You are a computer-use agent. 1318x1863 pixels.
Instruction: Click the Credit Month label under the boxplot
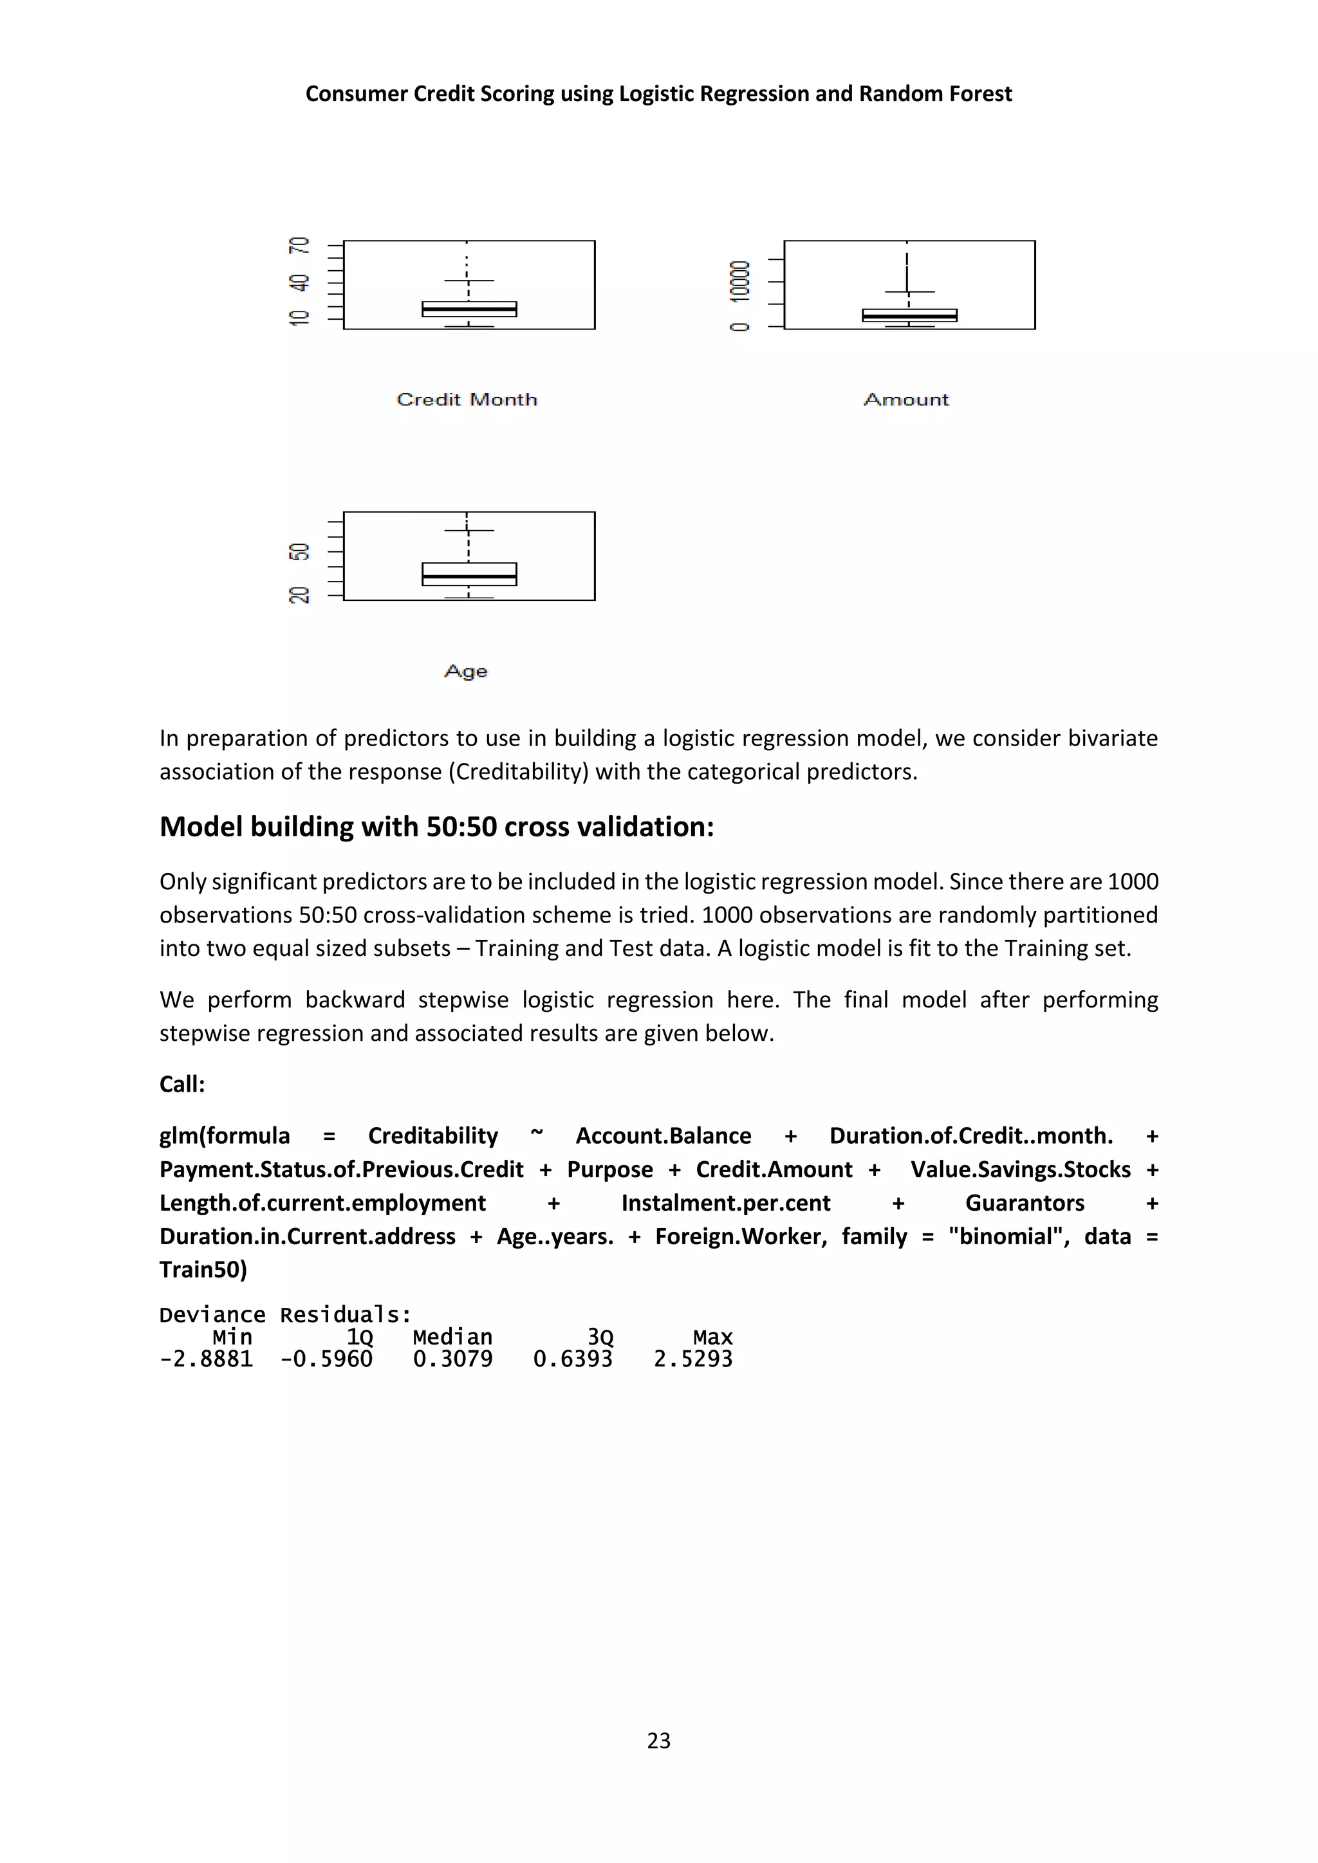click(x=467, y=399)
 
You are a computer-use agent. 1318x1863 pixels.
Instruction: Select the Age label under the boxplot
click(x=466, y=671)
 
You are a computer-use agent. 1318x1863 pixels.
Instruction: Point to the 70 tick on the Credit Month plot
click(x=299, y=245)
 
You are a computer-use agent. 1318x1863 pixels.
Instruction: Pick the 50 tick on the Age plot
click(x=299, y=552)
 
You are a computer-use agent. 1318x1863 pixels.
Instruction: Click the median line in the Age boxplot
click(x=469, y=576)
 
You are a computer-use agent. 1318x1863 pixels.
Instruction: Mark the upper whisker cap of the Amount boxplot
click(x=909, y=291)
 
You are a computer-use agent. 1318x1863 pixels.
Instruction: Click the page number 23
click(x=658, y=1741)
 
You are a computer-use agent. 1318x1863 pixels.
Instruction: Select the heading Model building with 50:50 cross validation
click(x=436, y=827)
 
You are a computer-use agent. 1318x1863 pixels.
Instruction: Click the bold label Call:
click(x=181, y=1084)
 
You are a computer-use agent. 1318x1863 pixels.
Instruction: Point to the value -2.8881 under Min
click(x=206, y=1359)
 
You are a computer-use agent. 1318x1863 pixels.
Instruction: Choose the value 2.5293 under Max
click(x=693, y=1359)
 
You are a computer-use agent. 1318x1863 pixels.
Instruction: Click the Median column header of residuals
click(x=452, y=1337)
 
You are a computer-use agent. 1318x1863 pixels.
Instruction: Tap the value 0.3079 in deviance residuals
click(x=452, y=1359)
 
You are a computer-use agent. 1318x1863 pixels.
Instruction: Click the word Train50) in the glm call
click(x=203, y=1269)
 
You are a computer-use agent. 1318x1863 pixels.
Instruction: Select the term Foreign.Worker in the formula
click(x=741, y=1236)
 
